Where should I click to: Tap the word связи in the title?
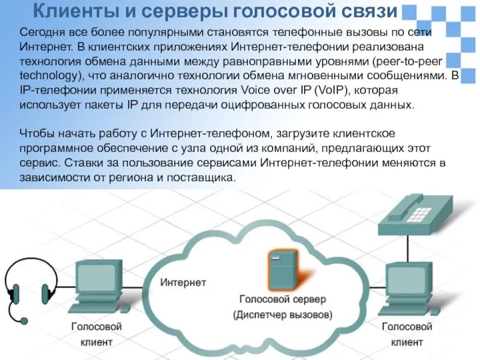click(x=368, y=10)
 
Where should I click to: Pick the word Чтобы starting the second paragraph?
click(x=37, y=133)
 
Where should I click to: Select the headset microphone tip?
click(x=23, y=321)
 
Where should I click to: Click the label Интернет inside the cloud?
click(x=183, y=282)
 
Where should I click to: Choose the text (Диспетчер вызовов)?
click(x=282, y=314)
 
